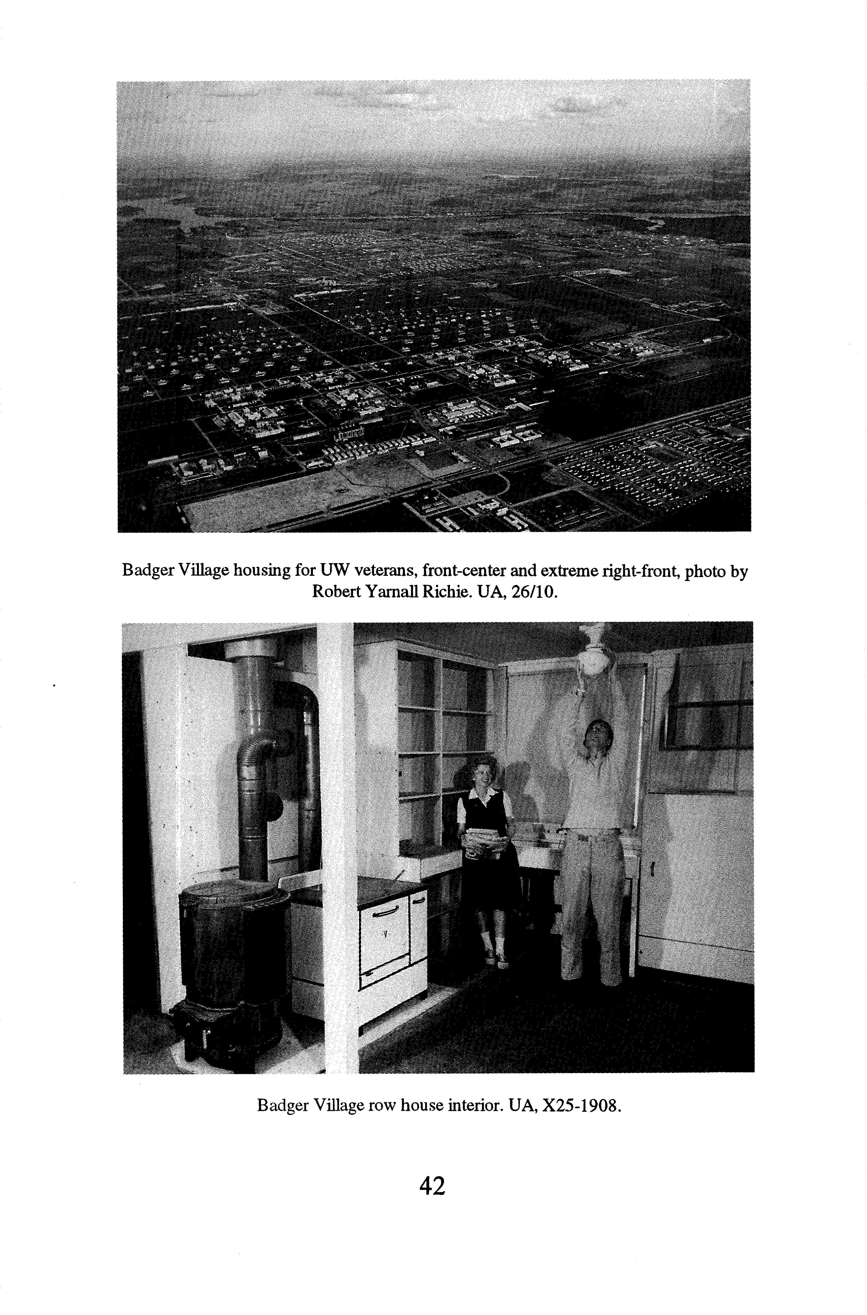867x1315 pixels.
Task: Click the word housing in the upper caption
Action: tap(266, 570)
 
